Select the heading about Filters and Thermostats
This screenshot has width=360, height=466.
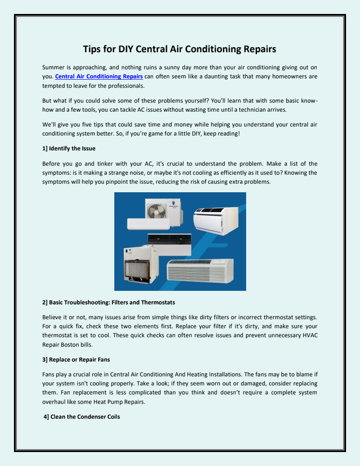pos(108,302)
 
